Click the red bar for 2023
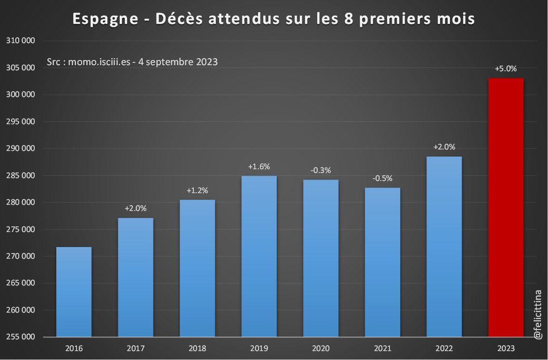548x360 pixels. click(x=506, y=207)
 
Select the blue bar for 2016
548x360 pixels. click(x=74, y=292)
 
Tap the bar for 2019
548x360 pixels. click(x=259, y=256)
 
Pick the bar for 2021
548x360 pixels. click(x=382, y=262)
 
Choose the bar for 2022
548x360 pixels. click(x=444, y=247)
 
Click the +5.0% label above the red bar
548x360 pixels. click(x=506, y=68)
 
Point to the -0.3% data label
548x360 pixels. click(x=320, y=170)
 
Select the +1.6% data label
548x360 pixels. click(x=259, y=166)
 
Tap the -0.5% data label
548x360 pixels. click(x=382, y=178)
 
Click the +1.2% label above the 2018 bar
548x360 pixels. click(x=197, y=190)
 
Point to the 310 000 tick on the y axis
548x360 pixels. click(x=21, y=41)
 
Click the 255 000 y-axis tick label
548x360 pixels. click(x=21, y=337)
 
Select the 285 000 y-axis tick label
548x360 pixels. click(x=21, y=176)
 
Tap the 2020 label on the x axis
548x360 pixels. click(x=320, y=349)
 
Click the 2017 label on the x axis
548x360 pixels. click(x=136, y=349)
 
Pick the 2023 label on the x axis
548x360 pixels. click(x=506, y=349)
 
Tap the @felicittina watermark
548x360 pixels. click(x=538, y=314)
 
